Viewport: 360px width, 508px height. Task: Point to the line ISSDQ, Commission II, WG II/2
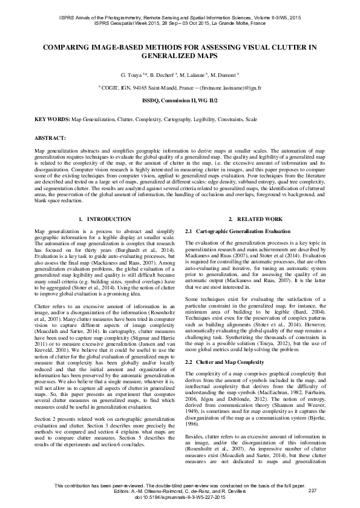click(180, 99)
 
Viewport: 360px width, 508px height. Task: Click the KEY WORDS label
click(52, 120)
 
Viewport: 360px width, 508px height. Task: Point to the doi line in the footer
click(180, 496)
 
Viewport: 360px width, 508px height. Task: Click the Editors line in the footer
click(180, 490)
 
